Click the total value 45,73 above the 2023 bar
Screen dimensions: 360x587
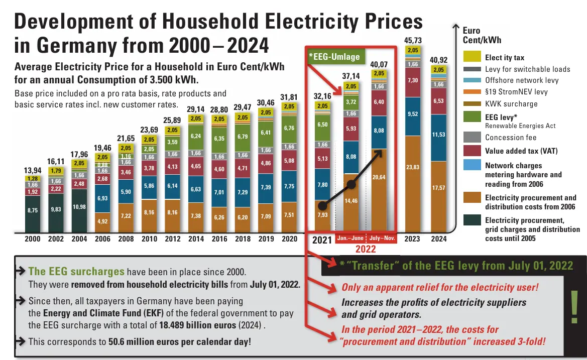413,40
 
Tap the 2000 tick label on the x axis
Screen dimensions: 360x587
33,239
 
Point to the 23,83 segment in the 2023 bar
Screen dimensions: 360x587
413,167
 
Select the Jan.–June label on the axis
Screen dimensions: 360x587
350,237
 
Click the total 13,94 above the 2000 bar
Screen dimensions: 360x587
33,170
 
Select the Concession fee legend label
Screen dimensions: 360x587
511,138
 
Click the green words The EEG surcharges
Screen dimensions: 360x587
76,272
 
